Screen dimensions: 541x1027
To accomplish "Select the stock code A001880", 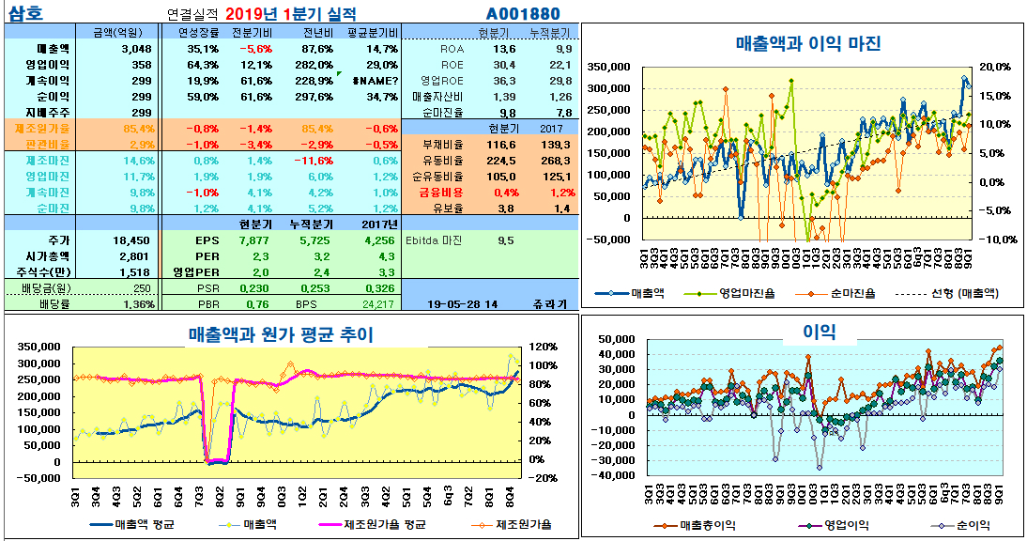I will pos(523,14).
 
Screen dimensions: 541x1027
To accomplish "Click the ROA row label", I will pos(452,48).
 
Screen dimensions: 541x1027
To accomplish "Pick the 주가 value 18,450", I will pos(131,240).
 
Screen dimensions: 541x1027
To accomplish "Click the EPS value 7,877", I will pos(253,240).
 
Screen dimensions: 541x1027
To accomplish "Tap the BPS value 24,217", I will pos(377,303).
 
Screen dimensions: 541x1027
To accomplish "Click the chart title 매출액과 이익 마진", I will pos(807,42).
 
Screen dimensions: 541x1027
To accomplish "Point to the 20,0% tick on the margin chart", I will pos(995,67).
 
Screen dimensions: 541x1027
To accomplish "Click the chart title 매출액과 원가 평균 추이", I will pos(281,333).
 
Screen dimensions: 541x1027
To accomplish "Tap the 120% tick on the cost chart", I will pos(544,347).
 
